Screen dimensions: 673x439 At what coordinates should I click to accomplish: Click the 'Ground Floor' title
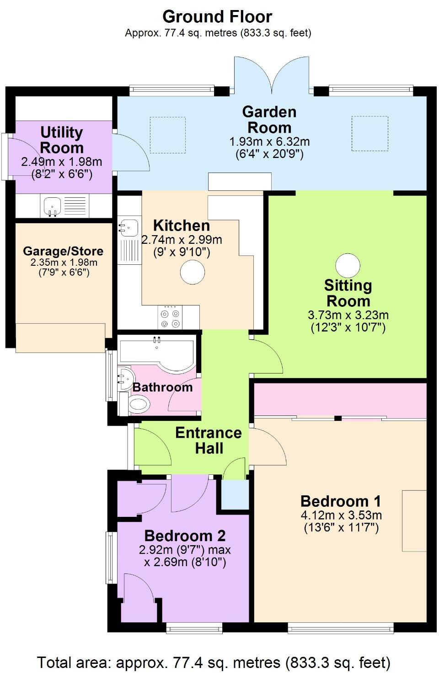pos(217,17)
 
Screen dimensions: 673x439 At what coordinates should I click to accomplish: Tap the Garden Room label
pos(269,120)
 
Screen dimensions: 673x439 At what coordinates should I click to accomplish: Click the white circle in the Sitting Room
pos(348,265)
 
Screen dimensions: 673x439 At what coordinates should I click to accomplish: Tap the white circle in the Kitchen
pos(193,272)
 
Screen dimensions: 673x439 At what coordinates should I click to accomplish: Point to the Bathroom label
pos(162,387)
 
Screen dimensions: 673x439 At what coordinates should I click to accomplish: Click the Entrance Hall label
pos(209,440)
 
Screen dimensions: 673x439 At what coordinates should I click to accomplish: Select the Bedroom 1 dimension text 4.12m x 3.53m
pos(341,515)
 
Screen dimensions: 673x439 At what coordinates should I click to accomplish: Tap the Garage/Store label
pos(63,251)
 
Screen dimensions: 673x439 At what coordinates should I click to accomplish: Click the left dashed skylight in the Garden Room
pos(168,135)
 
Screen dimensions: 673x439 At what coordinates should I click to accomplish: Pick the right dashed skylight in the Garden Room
pos(369,133)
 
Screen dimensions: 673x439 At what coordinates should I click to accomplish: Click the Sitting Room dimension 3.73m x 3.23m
pos(348,315)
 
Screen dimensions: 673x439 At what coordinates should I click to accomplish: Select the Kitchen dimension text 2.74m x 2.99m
pos(182,240)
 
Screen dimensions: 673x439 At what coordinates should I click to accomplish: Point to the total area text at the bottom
pos(214,662)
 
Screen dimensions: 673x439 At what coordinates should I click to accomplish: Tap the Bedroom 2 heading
pos(185,536)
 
